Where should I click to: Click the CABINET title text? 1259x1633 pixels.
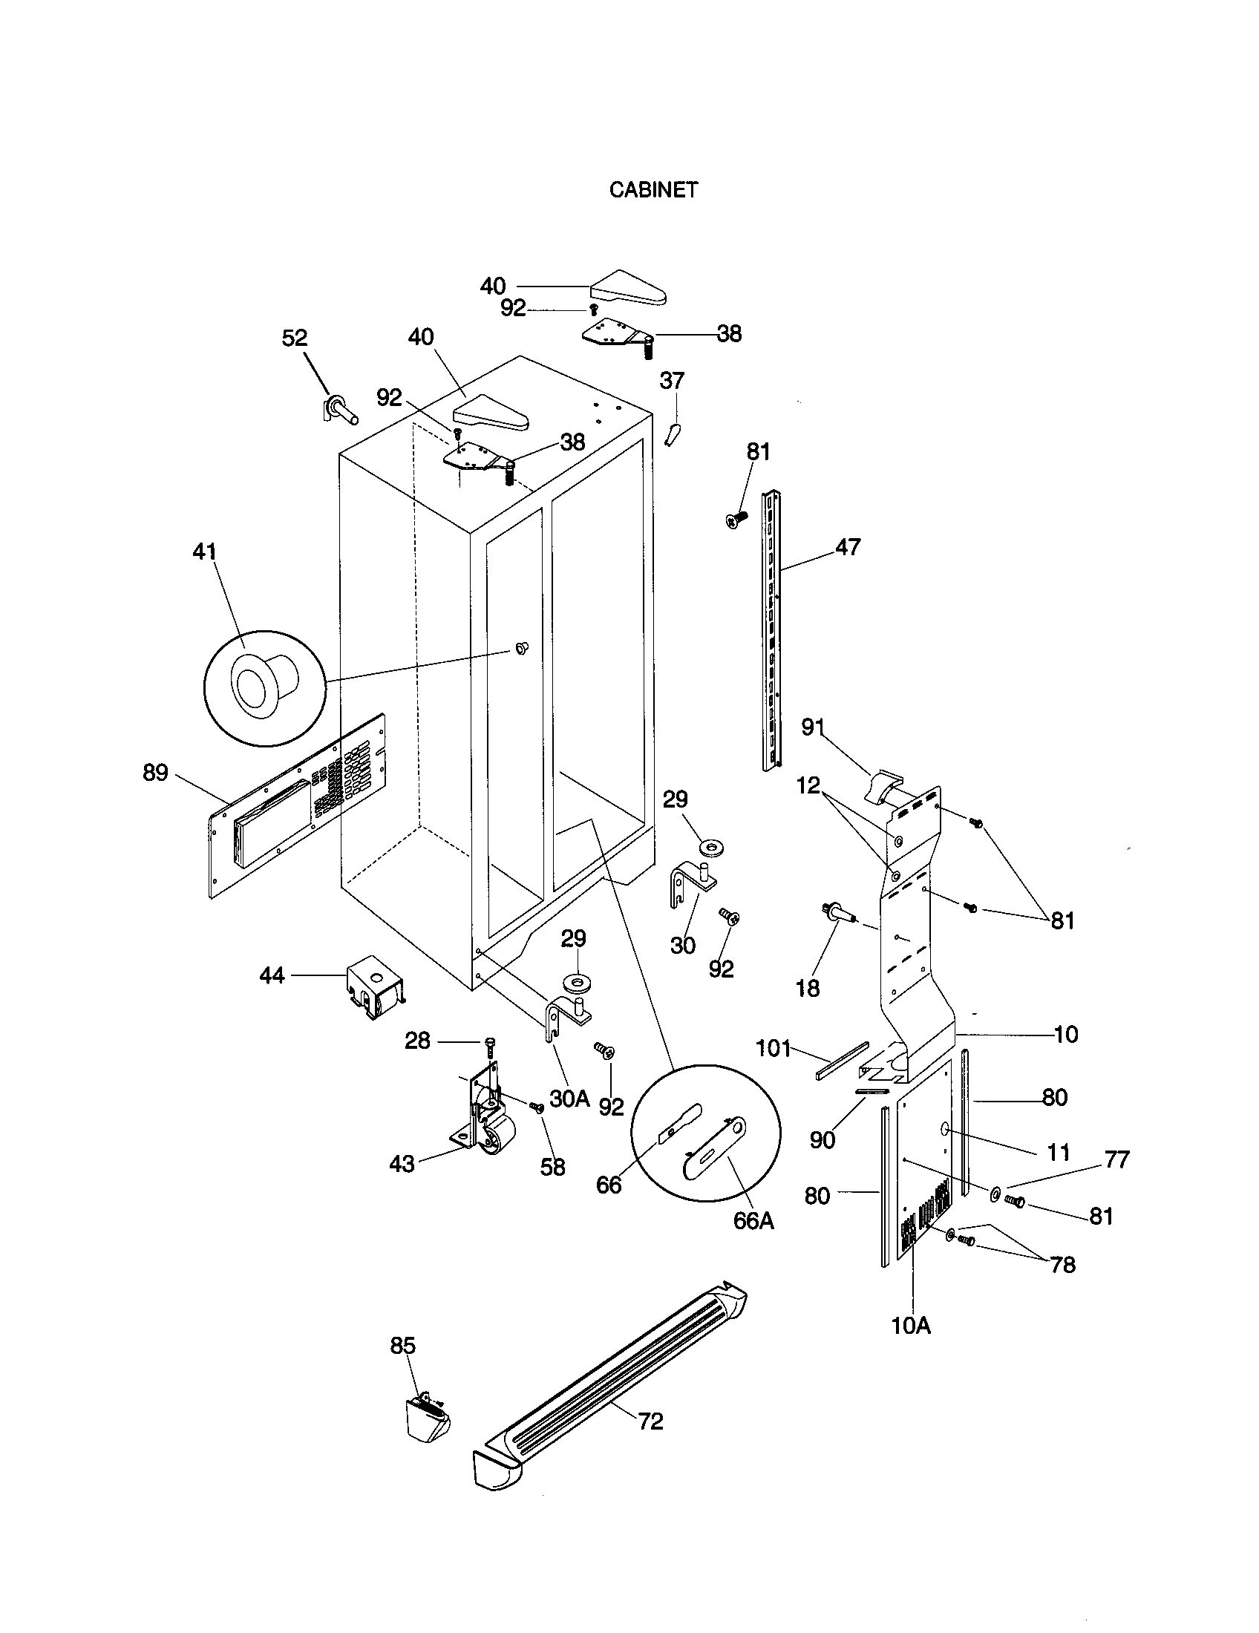653,190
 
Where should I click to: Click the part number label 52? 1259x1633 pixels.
295,338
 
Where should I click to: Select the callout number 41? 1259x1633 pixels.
204,552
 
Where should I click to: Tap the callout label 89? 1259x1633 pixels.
155,773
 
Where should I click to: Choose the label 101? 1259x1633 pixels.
773,1049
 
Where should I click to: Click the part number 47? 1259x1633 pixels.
848,547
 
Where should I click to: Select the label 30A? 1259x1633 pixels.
569,1099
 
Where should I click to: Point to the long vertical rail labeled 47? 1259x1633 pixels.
771,628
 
